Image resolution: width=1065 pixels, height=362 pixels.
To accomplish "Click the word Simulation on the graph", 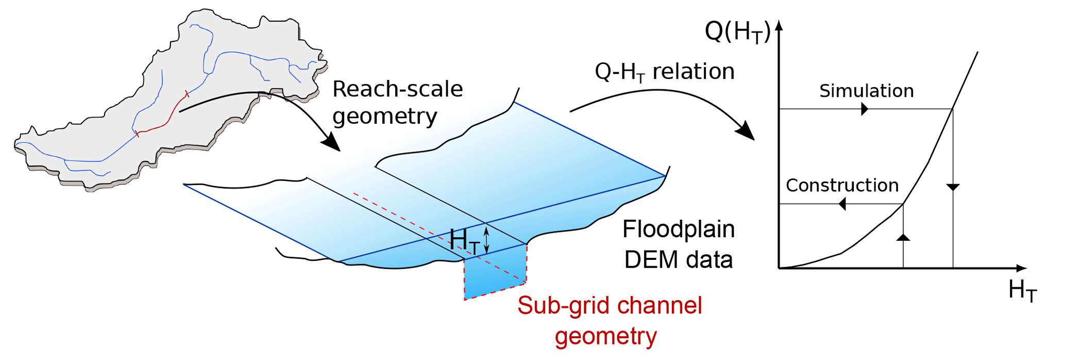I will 866,91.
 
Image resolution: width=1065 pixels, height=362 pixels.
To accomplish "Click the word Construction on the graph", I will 842,186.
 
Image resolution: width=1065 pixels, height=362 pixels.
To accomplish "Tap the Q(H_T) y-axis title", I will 737,32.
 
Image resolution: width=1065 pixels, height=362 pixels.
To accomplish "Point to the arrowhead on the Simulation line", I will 865,109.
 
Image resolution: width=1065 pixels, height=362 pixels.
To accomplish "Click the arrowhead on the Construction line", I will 842,204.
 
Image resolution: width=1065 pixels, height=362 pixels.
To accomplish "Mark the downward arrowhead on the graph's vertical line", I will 953,187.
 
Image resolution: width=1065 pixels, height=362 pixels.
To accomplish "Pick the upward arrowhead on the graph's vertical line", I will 903,237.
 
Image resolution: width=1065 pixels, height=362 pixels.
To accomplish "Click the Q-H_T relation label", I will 664,72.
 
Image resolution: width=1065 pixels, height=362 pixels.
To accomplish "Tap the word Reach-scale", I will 397,89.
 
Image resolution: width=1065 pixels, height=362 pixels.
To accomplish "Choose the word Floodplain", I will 678,229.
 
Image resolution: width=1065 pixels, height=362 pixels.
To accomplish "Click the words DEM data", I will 678,260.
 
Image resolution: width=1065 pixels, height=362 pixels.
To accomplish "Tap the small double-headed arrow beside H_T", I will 486,240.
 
